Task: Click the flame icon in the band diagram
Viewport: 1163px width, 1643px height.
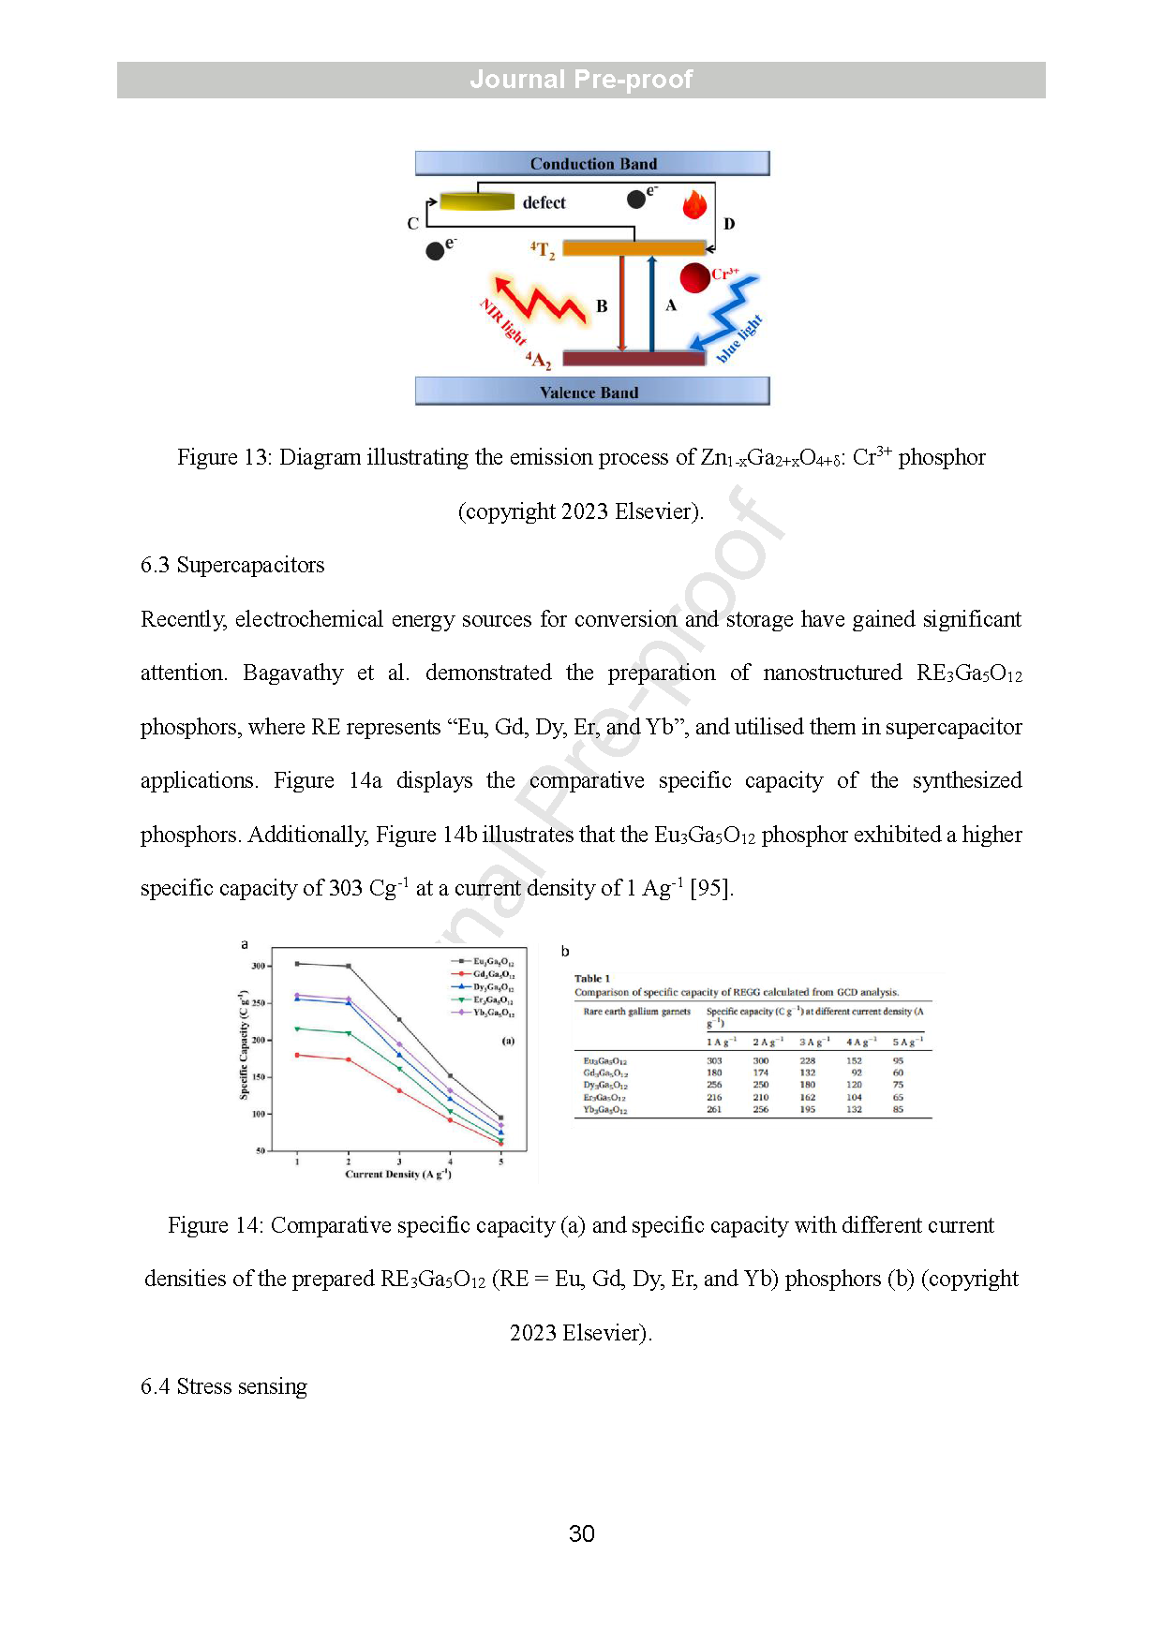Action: [694, 204]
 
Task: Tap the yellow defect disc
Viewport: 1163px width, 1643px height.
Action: [477, 201]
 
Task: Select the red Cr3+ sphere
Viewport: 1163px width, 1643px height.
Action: [694, 277]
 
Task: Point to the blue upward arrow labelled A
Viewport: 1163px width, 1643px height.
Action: [651, 302]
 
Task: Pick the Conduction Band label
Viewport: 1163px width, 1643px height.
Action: [593, 164]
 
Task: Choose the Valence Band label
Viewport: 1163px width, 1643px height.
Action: [589, 392]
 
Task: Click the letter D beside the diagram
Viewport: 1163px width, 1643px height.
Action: [729, 224]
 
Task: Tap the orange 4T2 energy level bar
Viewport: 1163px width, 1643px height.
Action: [634, 248]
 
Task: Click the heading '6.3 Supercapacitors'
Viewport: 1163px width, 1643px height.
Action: [232, 565]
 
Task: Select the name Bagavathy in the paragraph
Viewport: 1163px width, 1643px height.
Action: [292, 673]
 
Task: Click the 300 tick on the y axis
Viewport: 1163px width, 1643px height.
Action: [259, 966]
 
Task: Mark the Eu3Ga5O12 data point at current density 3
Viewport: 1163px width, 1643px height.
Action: [399, 1020]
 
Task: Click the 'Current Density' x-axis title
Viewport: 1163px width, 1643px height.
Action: [398, 1174]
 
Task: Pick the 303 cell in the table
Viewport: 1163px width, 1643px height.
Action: [714, 1061]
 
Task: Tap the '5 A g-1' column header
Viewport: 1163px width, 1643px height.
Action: [906, 1042]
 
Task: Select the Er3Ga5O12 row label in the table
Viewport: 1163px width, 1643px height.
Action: [604, 1098]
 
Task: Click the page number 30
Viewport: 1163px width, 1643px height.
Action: [581, 1533]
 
